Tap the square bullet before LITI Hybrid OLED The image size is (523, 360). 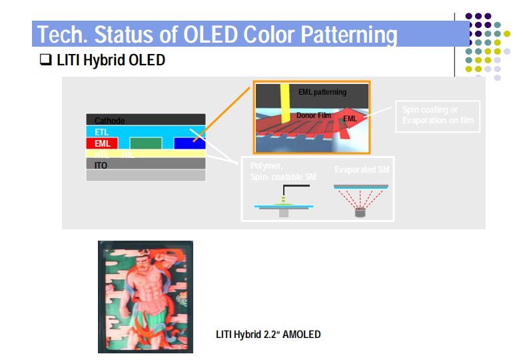pos(45,61)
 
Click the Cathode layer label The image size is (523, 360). pos(109,121)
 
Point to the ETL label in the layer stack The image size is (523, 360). pos(102,132)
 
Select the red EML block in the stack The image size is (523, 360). pos(102,143)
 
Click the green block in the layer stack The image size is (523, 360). pos(145,143)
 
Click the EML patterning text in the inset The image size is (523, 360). pos(322,92)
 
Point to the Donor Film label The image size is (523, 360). pos(313,115)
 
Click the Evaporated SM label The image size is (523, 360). pos(362,170)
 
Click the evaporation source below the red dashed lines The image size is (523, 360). pos(360,214)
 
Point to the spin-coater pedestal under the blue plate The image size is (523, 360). pos(284,213)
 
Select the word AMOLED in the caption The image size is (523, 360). pos(301,334)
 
